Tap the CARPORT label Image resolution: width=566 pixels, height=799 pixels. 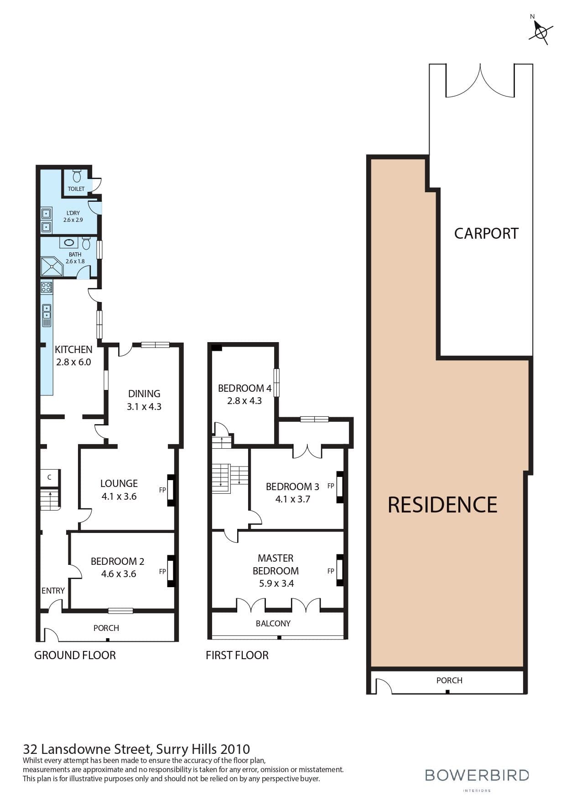click(486, 233)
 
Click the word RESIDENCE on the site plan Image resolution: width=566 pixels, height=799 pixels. click(442, 505)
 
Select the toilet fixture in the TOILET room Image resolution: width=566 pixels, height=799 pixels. click(77, 175)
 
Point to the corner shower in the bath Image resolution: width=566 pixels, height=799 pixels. click(51, 266)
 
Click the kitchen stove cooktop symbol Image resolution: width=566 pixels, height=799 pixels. click(47, 287)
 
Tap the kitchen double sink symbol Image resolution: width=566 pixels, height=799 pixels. click(47, 312)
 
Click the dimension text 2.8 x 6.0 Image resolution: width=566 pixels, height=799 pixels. click(73, 362)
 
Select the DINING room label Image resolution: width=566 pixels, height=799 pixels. click(144, 394)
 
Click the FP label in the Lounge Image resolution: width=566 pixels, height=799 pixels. click(162, 490)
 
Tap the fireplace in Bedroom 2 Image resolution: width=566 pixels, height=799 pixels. click(171, 570)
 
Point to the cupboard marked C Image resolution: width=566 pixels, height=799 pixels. click(49, 477)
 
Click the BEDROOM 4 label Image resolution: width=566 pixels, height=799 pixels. click(244, 388)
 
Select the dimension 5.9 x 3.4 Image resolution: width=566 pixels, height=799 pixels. click(276, 584)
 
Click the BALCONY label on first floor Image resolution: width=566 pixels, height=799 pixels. click(273, 623)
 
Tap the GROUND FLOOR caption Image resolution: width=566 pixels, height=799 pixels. click(75, 655)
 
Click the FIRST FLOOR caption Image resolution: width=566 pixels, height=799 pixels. click(237, 655)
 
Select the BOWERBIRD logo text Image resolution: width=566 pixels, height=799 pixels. click(477, 774)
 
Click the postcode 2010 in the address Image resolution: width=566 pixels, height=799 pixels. click(235, 749)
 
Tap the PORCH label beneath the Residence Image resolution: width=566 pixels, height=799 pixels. click(449, 680)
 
